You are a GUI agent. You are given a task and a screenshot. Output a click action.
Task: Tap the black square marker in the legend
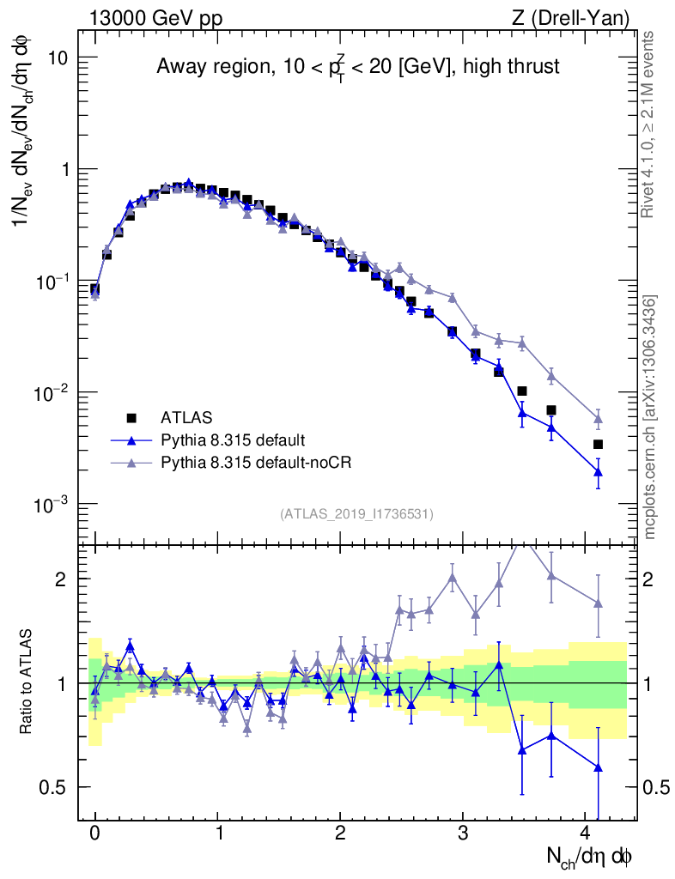(131, 418)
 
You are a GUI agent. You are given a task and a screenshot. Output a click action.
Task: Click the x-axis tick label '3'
(463, 833)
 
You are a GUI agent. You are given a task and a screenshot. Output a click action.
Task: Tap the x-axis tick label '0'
(94, 833)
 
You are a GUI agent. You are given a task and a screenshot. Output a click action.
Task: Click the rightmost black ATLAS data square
(598, 444)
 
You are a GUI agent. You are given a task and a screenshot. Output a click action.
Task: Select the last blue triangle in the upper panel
(598, 471)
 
